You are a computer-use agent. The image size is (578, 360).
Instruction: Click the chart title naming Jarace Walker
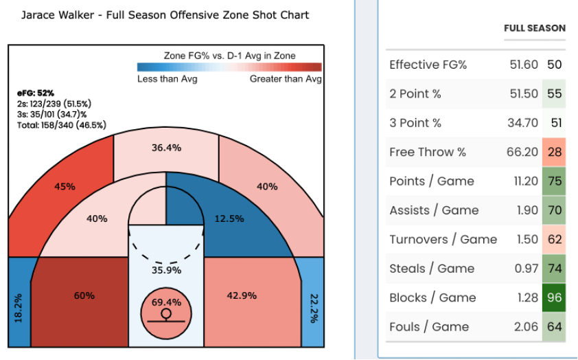click(x=165, y=14)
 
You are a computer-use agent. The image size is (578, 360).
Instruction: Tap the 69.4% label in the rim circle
click(x=166, y=302)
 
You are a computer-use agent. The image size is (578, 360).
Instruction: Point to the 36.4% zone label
click(x=166, y=148)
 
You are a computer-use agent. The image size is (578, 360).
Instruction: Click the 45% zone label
click(x=65, y=186)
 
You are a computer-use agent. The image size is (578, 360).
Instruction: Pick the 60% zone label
click(x=84, y=295)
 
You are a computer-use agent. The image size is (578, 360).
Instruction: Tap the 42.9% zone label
click(x=242, y=295)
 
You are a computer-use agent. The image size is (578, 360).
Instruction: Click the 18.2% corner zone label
click(x=19, y=308)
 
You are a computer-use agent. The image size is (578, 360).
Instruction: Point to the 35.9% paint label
click(x=166, y=270)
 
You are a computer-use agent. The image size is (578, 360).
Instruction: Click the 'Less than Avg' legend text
click(x=167, y=79)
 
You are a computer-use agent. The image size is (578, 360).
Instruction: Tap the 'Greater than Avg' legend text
click(x=286, y=79)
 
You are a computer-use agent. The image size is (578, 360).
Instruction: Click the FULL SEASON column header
click(x=535, y=28)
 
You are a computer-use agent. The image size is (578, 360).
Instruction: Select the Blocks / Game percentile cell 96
click(x=555, y=297)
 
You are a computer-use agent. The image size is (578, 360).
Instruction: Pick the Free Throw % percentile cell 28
click(x=555, y=152)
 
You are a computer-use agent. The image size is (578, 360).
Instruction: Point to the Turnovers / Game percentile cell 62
click(x=555, y=240)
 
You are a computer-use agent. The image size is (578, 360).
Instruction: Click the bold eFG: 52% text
click(x=36, y=93)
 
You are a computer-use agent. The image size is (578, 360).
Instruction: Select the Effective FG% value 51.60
click(x=524, y=65)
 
